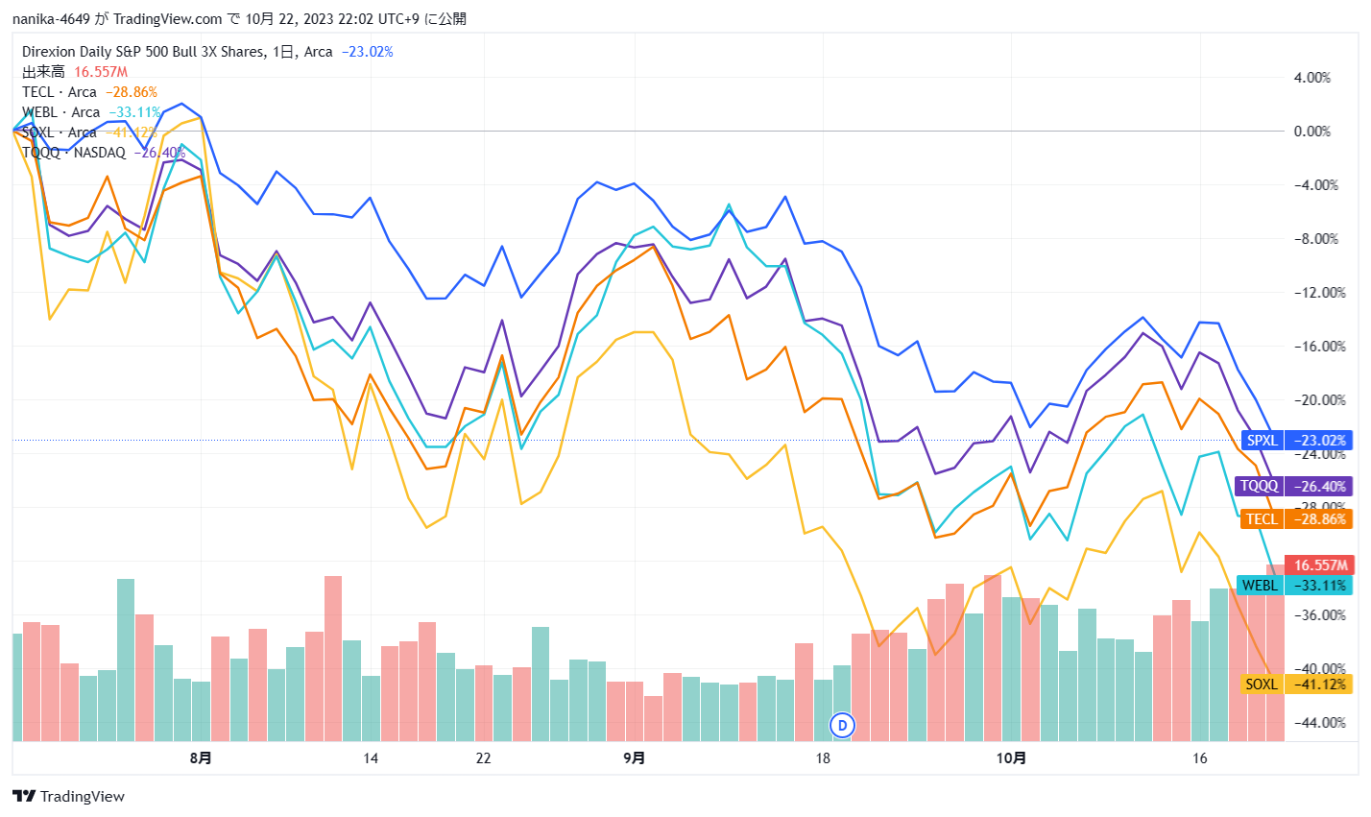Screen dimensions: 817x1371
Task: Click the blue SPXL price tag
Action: tap(1296, 441)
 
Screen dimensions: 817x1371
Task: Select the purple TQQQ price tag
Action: tap(1292, 486)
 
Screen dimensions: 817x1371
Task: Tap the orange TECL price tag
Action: tap(1296, 519)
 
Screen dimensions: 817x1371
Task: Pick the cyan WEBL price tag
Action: tap(1293, 586)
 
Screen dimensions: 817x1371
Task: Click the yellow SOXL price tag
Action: tap(1296, 685)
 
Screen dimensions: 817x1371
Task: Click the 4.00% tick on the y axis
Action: tap(1312, 78)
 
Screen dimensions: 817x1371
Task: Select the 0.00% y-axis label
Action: tap(1312, 132)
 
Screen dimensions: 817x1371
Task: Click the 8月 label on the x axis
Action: tap(201, 758)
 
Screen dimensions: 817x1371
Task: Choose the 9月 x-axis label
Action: tap(634, 758)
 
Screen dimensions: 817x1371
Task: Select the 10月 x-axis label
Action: tap(1011, 758)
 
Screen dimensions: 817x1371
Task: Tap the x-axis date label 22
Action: tap(483, 758)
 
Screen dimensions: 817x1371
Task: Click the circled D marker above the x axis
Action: tap(843, 725)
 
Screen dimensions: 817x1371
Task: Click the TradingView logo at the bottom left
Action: tap(68, 796)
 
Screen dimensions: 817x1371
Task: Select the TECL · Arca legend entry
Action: tap(60, 92)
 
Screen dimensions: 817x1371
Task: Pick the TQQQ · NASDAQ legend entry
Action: tap(74, 153)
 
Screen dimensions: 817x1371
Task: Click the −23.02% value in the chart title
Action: tap(367, 52)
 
